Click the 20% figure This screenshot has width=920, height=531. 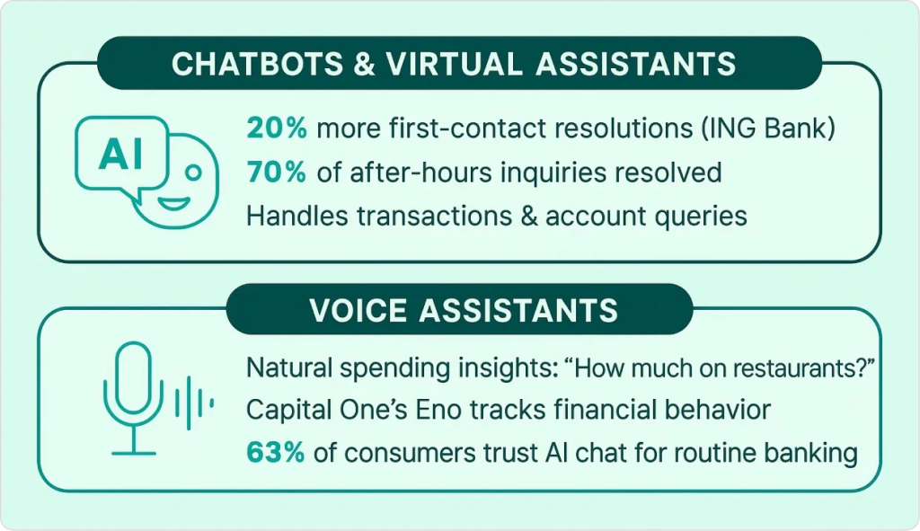tap(277, 128)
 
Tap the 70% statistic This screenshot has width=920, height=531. tap(277, 172)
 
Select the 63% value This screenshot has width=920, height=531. tap(275, 452)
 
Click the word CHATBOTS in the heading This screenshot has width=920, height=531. tap(257, 64)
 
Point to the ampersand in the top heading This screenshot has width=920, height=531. tap(365, 64)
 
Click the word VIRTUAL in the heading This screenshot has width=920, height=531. tap(454, 64)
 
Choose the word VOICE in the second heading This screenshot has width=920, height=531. tap(358, 310)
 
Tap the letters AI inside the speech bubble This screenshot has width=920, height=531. tap(121, 154)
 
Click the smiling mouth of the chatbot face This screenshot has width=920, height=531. tap(173, 204)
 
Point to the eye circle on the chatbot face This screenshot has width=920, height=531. tap(193, 173)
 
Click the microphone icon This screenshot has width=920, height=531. tap(134, 398)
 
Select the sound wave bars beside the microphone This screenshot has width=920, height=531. tap(194, 403)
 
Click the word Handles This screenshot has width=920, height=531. tap(297, 216)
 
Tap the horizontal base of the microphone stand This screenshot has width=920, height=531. tap(134, 453)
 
